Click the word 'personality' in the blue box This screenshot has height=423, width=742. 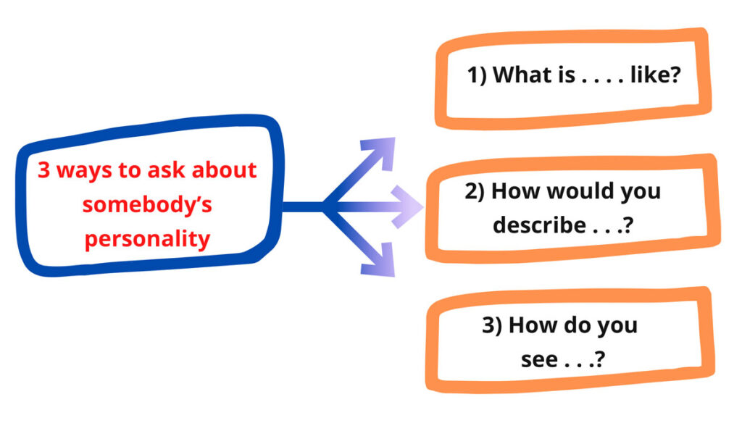point(147,239)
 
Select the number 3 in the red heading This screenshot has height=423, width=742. point(43,171)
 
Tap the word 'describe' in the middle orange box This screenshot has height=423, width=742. point(538,225)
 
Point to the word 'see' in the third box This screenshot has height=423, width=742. point(539,359)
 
